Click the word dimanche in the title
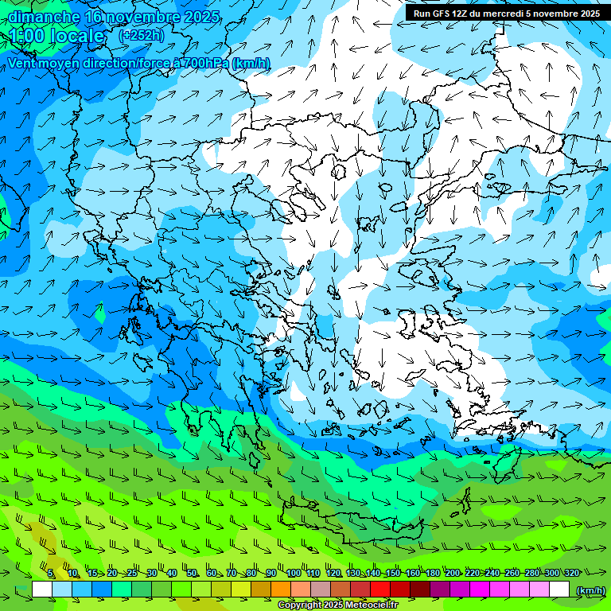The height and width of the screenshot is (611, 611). [44, 17]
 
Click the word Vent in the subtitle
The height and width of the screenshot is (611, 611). [24, 63]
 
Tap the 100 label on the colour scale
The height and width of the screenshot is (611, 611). [293, 573]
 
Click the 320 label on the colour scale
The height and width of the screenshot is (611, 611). [572, 573]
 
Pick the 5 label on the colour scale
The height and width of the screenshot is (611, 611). [51, 573]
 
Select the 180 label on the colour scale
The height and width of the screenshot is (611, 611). [432, 573]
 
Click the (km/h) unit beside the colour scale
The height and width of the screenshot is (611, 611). [590, 590]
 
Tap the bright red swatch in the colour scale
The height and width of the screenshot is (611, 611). [380, 590]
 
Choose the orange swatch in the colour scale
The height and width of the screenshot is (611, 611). [281, 590]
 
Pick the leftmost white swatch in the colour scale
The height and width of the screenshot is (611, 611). [42, 590]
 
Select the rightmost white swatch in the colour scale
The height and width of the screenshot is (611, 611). [559, 590]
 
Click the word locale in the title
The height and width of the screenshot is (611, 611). [75, 36]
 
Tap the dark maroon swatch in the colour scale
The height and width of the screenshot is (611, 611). [420, 590]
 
